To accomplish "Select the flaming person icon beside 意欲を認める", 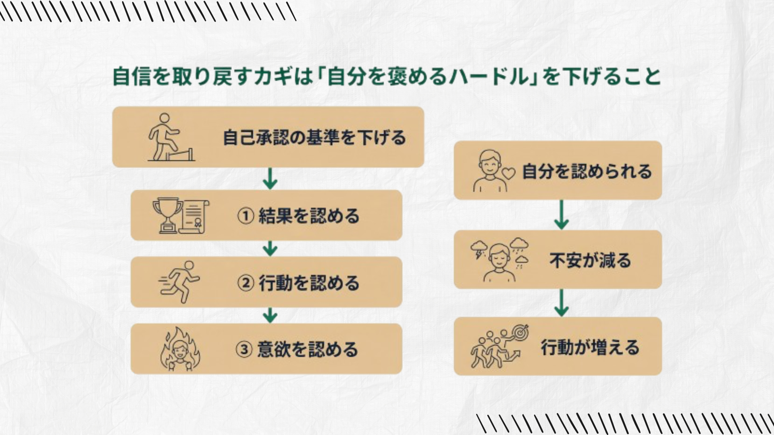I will [x=180, y=349].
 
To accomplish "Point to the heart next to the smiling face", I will [x=509, y=173].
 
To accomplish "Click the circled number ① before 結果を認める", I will [x=245, y=216].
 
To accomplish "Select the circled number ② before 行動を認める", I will [x=245, y=283].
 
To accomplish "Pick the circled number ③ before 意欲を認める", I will [x=244, y=349].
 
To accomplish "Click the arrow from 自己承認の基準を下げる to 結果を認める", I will [x=270, y=179].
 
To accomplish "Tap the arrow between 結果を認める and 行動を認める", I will [x=270, y=249].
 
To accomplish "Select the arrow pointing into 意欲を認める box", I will [x=270, y=315].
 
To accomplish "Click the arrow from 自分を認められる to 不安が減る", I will [x=561, y=215].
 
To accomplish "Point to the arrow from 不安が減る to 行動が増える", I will [x=561, y=303].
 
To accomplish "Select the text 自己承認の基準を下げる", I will [x=314, y=138].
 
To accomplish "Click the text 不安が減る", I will [x=590, y=260].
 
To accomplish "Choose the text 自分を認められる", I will [x=587, y=172].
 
